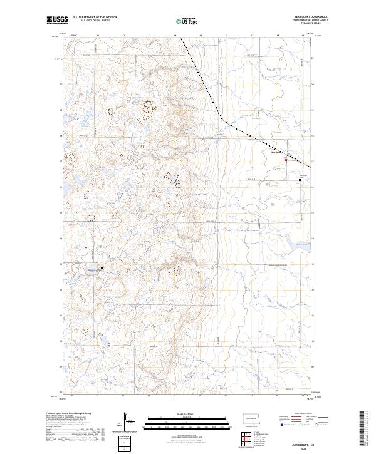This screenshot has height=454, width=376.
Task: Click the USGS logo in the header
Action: pos(57,21)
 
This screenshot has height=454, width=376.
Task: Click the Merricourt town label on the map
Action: pos(276,152)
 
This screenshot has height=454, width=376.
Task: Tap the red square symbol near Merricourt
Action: pos(286,160)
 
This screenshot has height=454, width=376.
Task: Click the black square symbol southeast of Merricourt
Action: pos(300,180)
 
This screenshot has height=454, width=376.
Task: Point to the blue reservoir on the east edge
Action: pos(298,246)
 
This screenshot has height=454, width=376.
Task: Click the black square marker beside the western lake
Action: pos(102,269)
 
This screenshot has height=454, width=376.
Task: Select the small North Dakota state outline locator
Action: pos(250,417)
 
